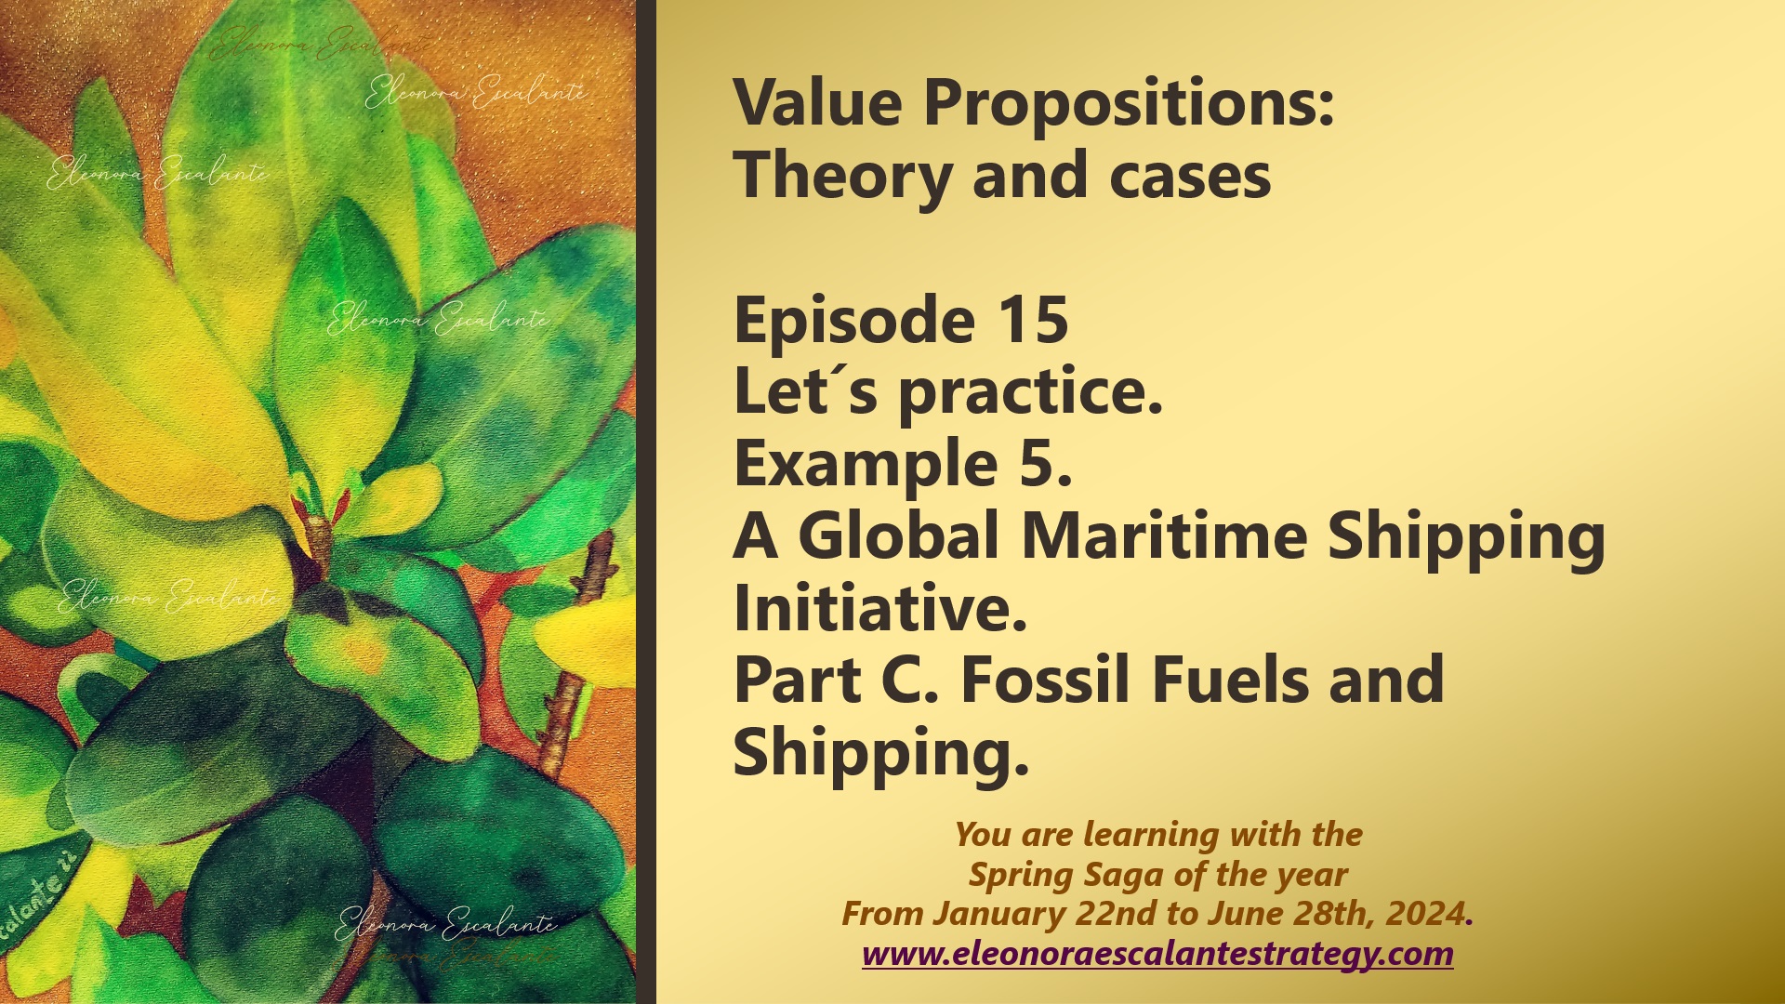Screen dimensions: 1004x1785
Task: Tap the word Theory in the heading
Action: pyautogui.click(x=840, y=177)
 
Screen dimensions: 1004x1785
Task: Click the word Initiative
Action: pyautogui.click(x=879, y=609)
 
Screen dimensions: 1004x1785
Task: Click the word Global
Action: pyautogui.click(x=898, y=536)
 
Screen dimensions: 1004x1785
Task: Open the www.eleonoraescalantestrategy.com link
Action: pyautogui.click(x=1157, y=954)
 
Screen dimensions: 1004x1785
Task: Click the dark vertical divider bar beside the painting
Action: pyautogui.click(x=646, y=502)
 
